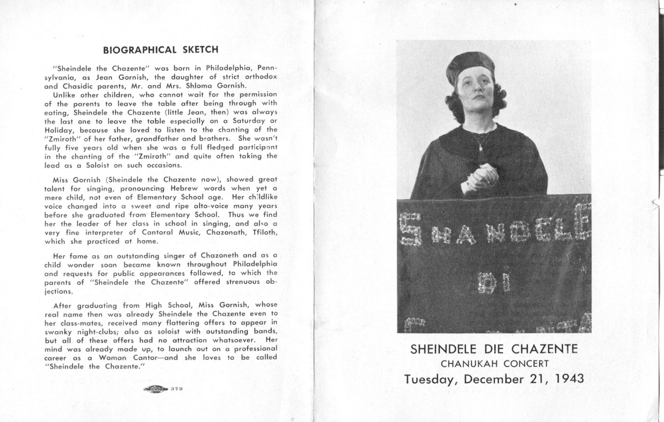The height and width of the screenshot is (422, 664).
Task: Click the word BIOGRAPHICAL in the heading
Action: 140,50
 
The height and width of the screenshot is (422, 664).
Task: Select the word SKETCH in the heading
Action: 201,50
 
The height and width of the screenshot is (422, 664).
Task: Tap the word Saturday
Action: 249,121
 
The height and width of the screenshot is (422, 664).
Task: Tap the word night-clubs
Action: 97,332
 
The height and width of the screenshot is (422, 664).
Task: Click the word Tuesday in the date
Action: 431,380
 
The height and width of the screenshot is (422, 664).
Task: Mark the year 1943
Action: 569,379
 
